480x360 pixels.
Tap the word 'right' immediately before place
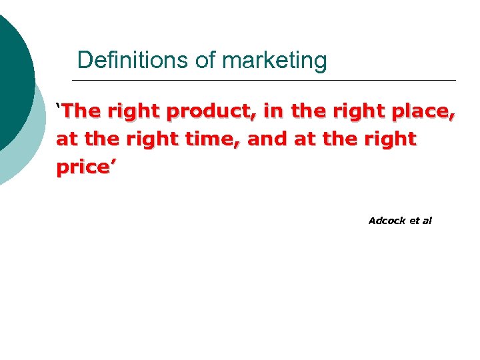[x=366, y=112]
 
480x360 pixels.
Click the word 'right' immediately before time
[x=158, y=139]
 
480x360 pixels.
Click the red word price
[x=83, y=167]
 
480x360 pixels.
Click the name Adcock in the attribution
[x=383, y=221]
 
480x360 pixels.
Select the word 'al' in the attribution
[x=427, y=221]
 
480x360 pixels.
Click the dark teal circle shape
[x=10, y=73]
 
